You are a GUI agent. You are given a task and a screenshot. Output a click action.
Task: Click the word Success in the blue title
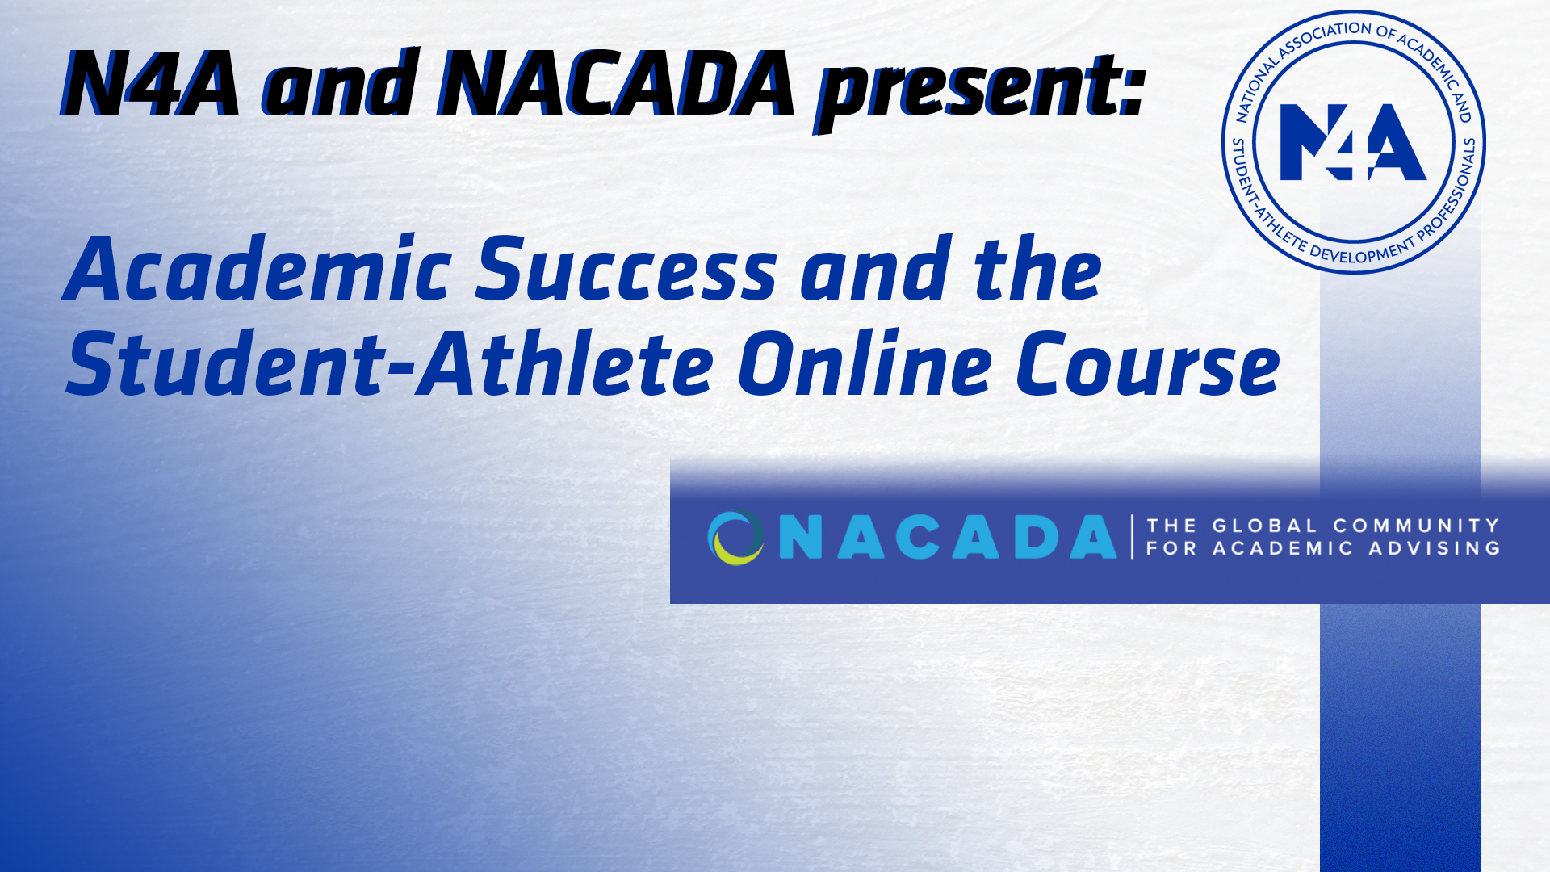tap(626, 270)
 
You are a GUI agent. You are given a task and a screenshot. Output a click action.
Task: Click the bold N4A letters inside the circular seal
tap(1353, 142)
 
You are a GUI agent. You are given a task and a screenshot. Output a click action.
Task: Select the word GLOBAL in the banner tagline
tap(1264, 526)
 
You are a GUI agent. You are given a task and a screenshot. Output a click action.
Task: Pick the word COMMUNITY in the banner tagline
tap(1416, 526)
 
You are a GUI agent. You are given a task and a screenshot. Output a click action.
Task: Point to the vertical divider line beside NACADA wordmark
tap(1133, 537)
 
